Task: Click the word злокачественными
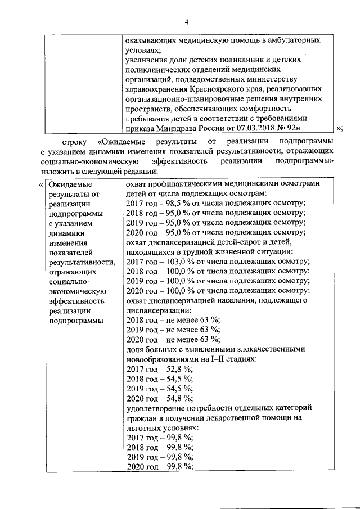point(265,349)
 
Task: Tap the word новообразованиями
point(168,359)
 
